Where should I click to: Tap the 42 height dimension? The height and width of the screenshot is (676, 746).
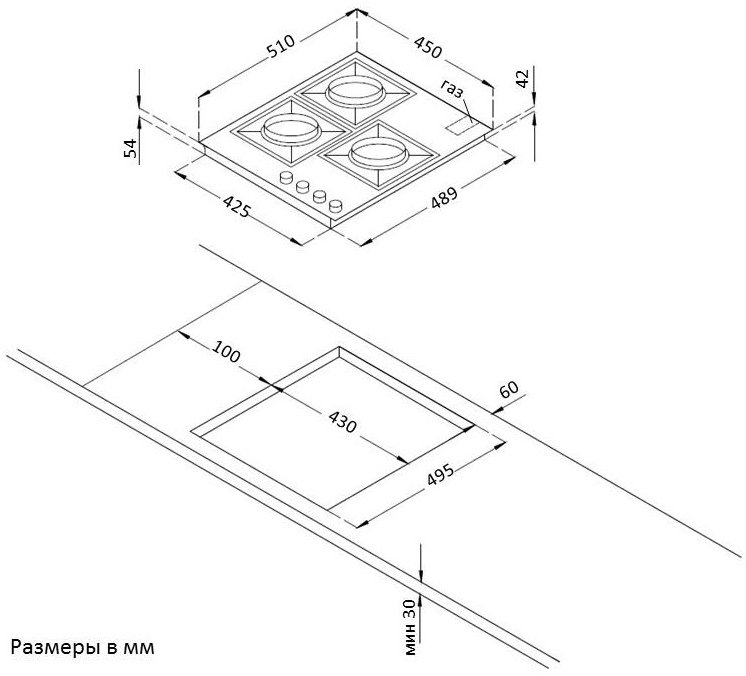[x=520, y=80]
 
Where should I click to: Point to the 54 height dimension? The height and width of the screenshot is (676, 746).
[x=129, y=147]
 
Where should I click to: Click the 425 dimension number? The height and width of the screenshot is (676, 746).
[x=236, y=208]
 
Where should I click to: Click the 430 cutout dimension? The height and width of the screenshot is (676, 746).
[x=342, y=421]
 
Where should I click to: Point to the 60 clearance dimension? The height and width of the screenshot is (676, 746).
[x=510, y=389]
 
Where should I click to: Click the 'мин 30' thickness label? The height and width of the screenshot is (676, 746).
[x=409, y=627]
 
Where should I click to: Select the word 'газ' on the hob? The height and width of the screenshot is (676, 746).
[x=452, y=90]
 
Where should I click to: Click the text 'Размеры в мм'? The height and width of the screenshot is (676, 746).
[x=83, y=647]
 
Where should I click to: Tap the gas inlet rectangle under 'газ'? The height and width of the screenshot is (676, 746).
[x=462, y=126]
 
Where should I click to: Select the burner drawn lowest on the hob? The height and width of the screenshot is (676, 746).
[x=377, y=153]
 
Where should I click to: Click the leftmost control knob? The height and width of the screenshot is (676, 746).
[x=286, y=179]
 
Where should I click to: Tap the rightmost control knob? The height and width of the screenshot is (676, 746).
[x=336, y=206]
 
